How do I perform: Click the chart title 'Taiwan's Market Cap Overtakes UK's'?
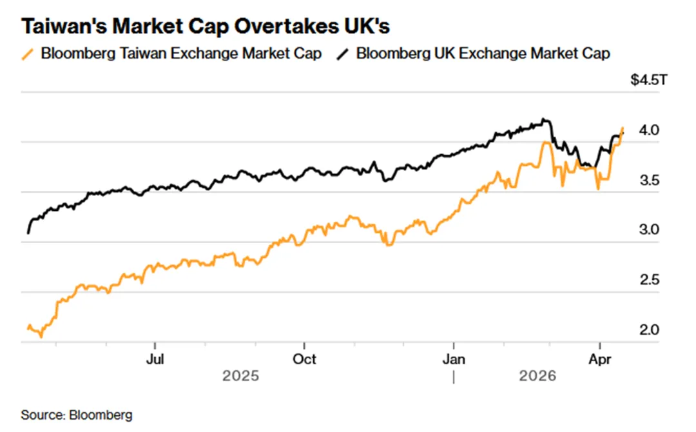click(x=206, y=26)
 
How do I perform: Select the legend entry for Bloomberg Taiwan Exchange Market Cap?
click(x=180, y=54)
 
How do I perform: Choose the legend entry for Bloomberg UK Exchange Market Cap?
click(x=483, y=54)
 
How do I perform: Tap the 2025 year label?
click(x=240, y=376)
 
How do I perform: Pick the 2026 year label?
click(x=537, y=376)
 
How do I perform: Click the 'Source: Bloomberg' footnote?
click(x=77, y=415)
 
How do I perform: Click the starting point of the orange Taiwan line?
click(x=28, y=329)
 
